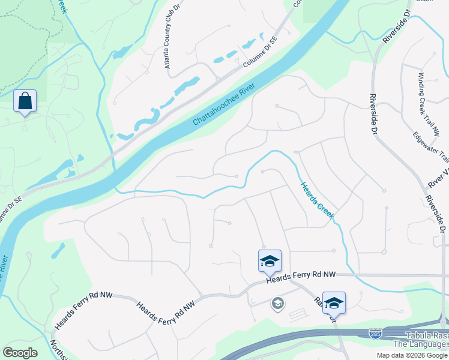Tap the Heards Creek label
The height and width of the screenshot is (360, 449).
coord(317,200)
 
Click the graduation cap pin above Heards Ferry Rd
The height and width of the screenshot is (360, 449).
coord(270,260)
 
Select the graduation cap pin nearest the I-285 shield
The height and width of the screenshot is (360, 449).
coord(334,302)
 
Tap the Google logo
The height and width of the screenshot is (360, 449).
coord(20,353)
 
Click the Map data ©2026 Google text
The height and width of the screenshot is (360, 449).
coord(412,355)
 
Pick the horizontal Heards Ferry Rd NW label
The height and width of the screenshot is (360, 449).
coord(300,275)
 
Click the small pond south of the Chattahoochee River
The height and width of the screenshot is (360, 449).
coord(58,250)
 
